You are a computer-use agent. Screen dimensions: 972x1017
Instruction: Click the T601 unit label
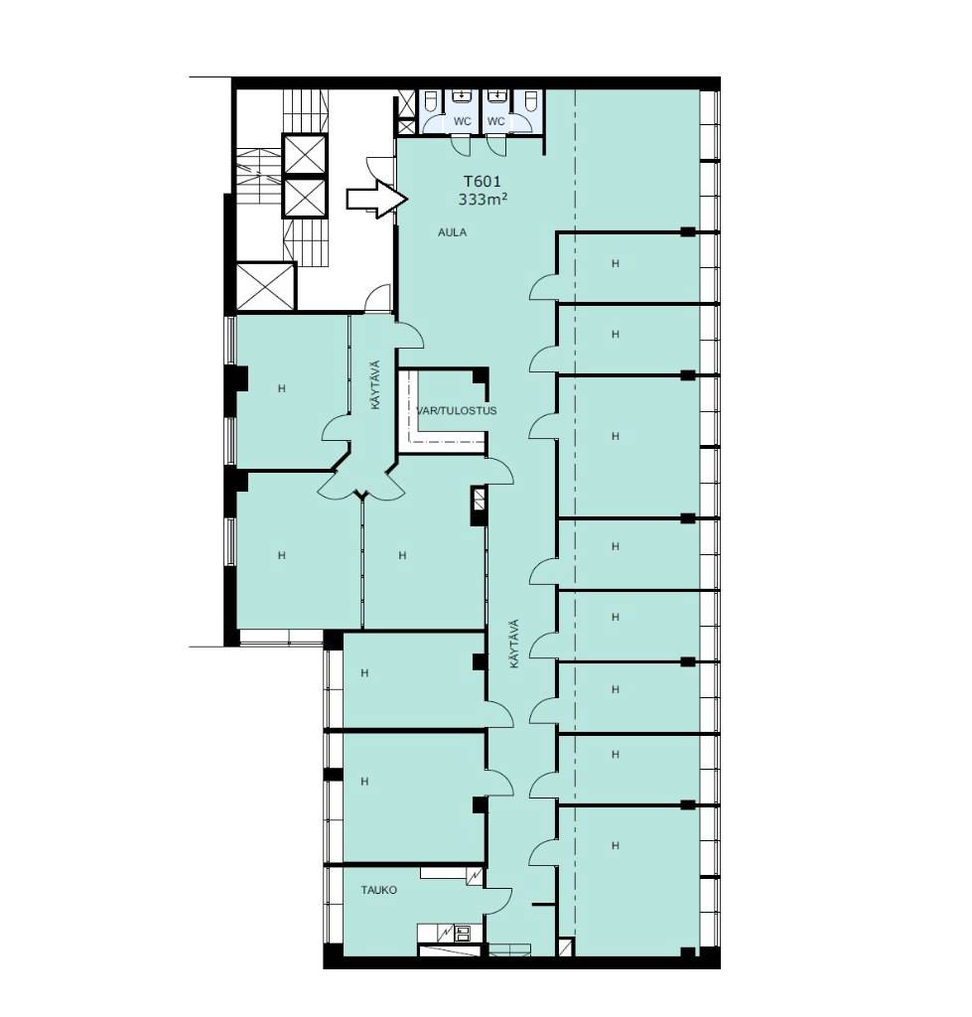482,183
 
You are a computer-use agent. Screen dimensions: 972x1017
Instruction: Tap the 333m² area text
483,199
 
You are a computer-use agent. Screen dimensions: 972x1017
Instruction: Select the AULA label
452,232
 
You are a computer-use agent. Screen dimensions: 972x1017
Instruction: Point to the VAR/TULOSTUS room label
457,410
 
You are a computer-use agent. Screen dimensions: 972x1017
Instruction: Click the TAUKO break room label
378,890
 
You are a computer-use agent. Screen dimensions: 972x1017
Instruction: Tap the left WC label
463,121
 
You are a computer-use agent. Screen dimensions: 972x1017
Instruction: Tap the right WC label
496,121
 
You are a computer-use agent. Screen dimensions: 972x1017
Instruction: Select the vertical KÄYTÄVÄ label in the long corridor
514,644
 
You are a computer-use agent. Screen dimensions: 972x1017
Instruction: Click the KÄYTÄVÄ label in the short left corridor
376,384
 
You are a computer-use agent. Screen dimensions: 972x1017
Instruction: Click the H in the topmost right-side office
616,263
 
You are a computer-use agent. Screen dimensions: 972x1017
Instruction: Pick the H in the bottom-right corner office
616,846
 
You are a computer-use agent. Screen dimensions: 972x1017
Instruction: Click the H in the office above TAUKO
364,782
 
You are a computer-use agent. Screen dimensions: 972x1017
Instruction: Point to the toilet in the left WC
431,101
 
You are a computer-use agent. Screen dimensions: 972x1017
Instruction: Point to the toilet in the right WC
530,101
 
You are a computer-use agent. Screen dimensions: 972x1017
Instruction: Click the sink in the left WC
461,96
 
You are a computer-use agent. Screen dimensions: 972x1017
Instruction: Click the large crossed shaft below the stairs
266,286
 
